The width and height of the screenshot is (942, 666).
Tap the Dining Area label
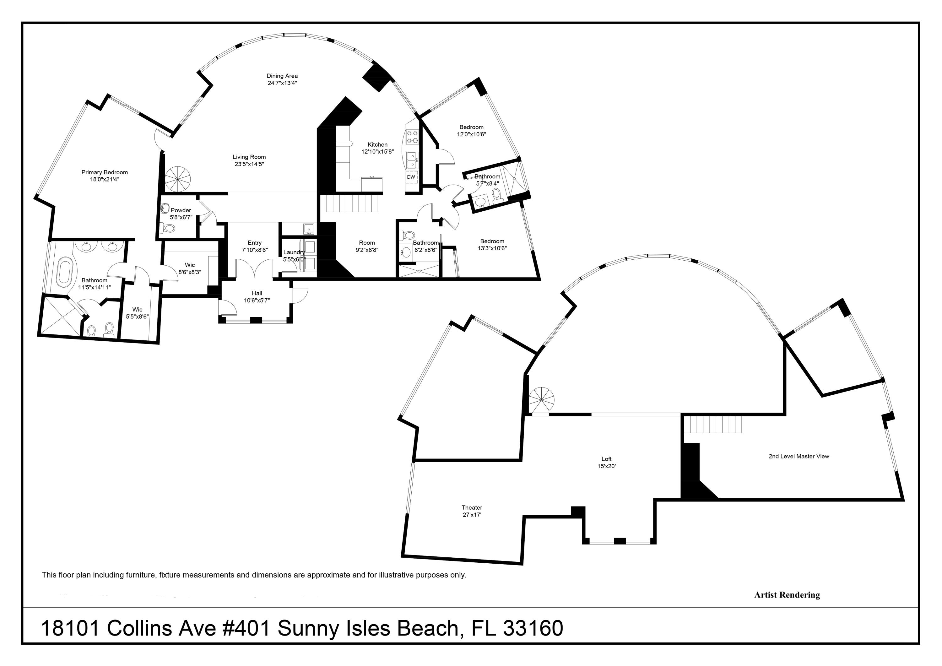point(282,76)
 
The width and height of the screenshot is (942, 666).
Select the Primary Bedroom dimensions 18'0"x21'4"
point(105,179)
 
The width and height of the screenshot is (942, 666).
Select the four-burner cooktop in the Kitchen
point(412,137)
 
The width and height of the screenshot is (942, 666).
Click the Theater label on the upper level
point(472,508)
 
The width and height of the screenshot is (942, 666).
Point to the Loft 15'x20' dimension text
point(606,466)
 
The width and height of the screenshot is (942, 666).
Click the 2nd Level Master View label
point(799,456)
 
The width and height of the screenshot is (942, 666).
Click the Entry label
point(254,243)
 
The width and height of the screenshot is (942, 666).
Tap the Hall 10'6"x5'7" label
point(257,297)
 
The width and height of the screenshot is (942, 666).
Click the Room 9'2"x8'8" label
point(367,246)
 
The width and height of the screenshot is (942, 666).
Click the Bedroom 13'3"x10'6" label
point(492,245)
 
